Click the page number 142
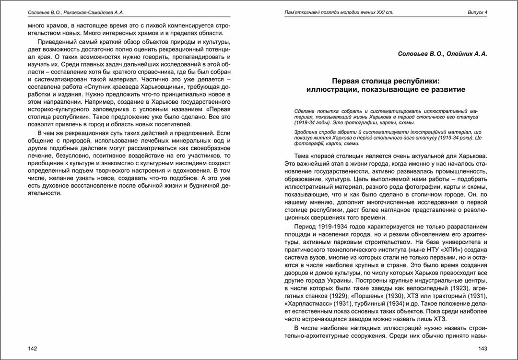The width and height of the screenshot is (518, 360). tap(32, 348)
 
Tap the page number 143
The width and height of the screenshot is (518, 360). tap(482, 348)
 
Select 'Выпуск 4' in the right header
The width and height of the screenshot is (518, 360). tap(477, 12)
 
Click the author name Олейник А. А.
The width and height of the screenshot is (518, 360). tap(469, 54)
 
